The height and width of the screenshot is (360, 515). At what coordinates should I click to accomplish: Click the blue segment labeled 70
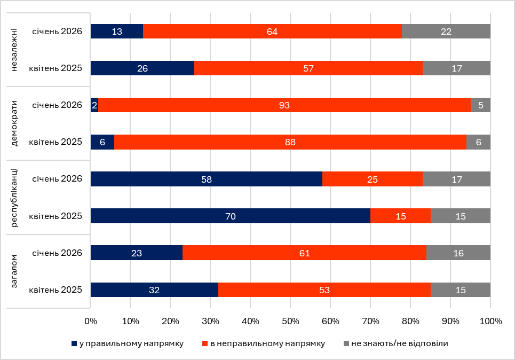pyautogui.click(x=230, y=216)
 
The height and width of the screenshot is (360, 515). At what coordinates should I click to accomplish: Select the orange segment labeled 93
pyautogui.click(x=284, y=105)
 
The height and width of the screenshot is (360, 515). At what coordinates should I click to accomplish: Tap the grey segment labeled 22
pyautogui.click(x=446, y=32)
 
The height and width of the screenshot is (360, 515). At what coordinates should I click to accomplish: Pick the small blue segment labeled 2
pyautogui.click(x=94, y=105)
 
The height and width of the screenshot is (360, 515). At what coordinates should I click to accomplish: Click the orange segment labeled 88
pyautogui.click(x=290, y=142)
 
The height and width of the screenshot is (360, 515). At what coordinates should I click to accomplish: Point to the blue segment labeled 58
pyautogui.click(x=206, y=179)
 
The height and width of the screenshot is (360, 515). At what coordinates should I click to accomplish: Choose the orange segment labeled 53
pyautogui.click(x=324, y=289)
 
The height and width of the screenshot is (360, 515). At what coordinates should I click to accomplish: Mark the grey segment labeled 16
pyautogui.click(x=458, y=253)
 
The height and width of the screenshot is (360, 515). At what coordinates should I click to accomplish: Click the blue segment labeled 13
pyautogui.click(x=117, y=32)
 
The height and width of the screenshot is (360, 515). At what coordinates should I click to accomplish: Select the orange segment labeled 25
pyautogui.click(x=372, y=179)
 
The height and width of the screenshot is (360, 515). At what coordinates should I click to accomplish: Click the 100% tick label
pyautogui.click(x=491, y=322)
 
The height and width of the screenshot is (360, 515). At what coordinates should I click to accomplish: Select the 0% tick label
pyautogui.click(x=91, y=322)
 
